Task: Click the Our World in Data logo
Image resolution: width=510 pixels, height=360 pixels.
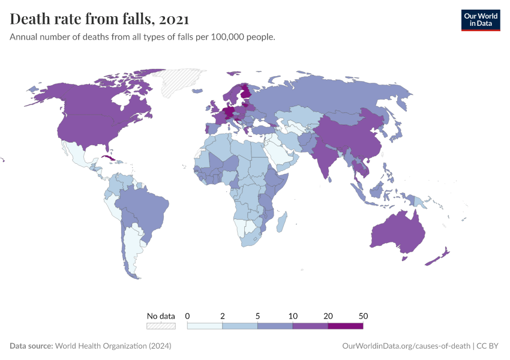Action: (x=480, y=20)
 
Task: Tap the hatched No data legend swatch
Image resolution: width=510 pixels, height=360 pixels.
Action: (x=161, y=326)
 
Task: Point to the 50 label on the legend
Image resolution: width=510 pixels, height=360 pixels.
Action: (x=362, y=316)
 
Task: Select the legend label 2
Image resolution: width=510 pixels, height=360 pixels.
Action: (x=223, y=316)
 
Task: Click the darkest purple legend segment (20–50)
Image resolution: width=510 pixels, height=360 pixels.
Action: (x=346, y=326)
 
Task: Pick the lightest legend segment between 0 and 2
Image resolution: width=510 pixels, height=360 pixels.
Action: (x=205, y=326)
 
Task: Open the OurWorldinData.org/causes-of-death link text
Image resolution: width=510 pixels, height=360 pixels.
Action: (x=406, y=346)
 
